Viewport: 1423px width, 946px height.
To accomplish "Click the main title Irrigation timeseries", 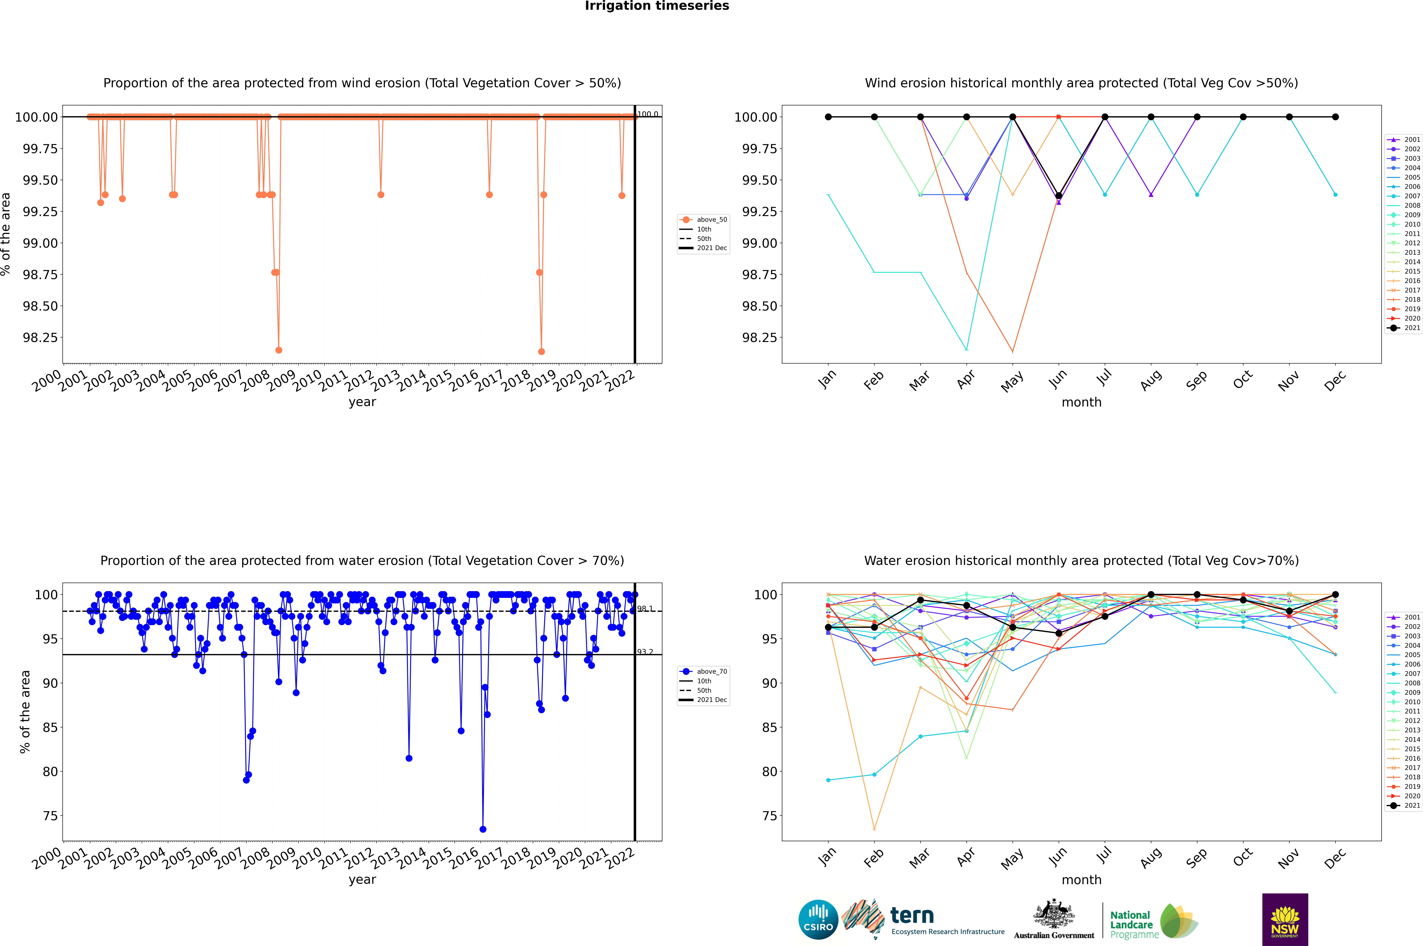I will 657,6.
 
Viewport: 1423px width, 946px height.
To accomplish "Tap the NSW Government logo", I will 1285,919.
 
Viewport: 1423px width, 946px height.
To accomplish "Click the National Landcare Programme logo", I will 1153,921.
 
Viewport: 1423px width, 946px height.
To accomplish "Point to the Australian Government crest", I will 1054,915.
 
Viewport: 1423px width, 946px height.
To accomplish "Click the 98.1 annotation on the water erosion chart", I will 645,609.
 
